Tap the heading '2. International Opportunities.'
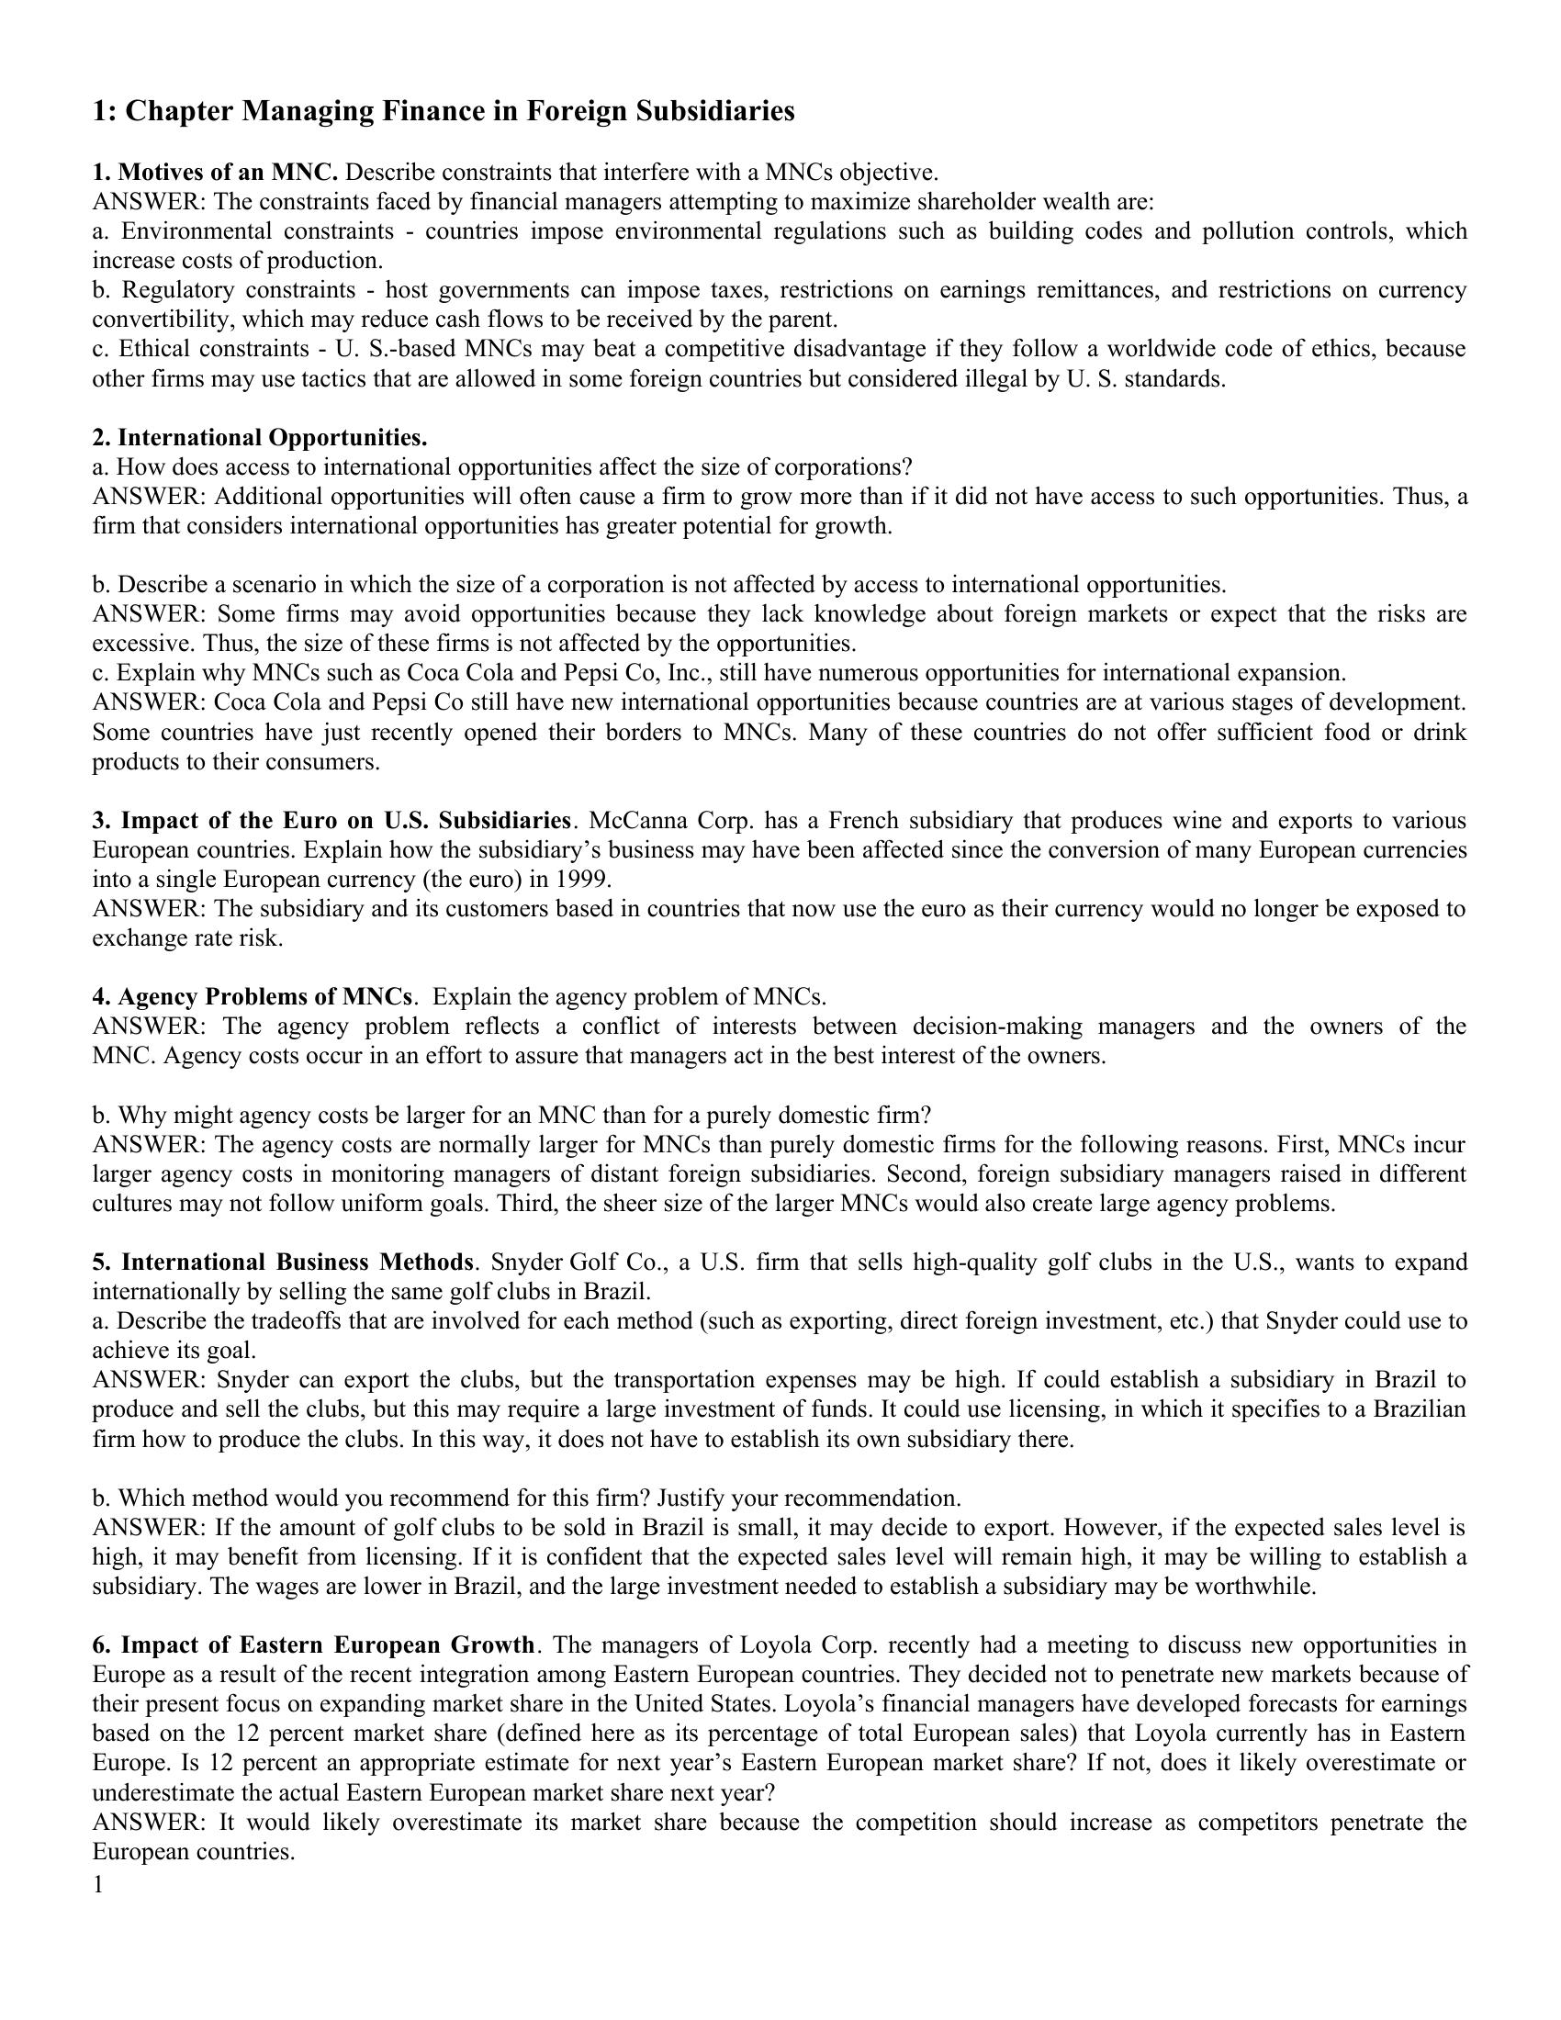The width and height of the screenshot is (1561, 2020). (x=260, y=436)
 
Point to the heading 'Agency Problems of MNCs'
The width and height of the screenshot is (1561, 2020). (x=264, y=996)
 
